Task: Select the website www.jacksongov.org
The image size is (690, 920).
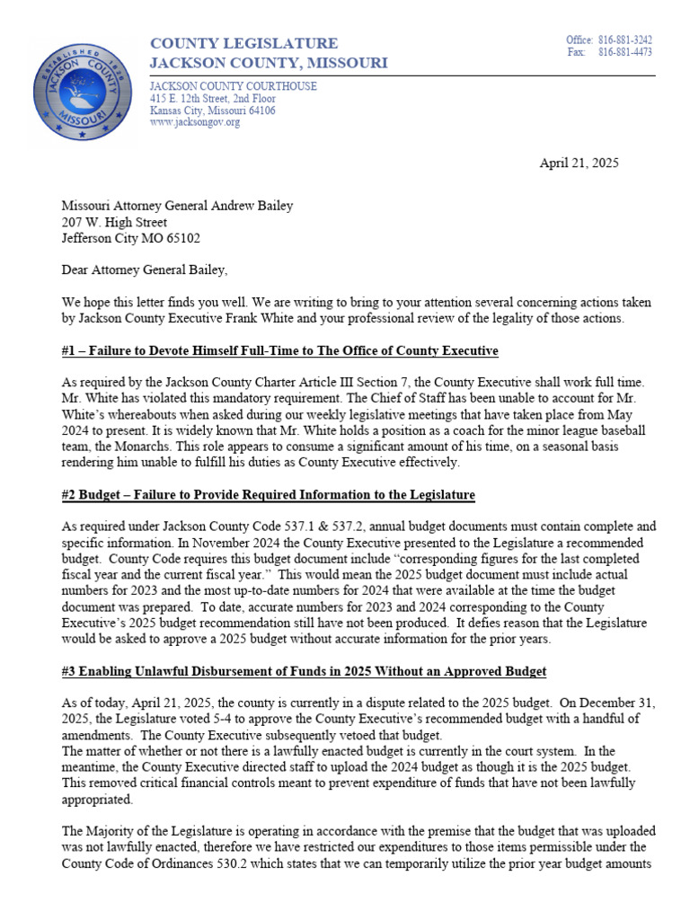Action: (195, 122)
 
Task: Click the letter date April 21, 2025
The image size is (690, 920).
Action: (579, 163)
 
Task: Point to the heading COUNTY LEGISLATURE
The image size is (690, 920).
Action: (243, 43)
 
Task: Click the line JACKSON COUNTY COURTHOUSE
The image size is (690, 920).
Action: (233, 86)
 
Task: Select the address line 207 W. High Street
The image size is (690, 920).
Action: (113, 222)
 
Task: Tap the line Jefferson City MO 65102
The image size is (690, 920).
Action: (131, 238)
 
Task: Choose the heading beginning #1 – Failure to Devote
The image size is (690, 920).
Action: (279, 349)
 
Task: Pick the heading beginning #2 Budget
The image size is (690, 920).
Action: (268, 495)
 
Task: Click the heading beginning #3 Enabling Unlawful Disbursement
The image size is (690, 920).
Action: (304, 672)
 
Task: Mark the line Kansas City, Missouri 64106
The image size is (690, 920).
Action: (213, 111)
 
